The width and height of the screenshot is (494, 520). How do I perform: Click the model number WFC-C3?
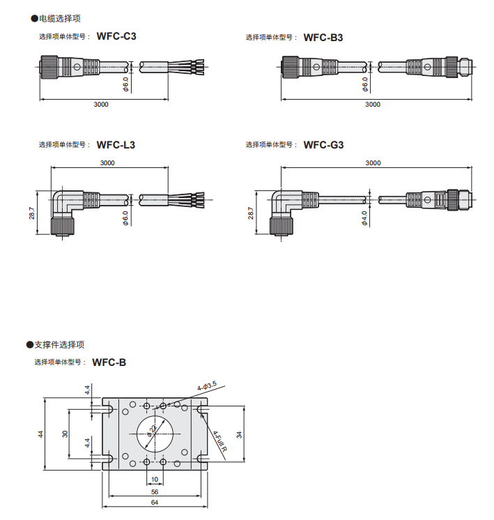(x=116, y=36)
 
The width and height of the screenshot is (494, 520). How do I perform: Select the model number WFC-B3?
(x=323, y=37)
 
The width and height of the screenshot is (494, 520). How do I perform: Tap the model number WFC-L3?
(x=116, y=145)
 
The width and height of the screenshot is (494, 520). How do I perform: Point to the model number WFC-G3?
(x=323, y=145)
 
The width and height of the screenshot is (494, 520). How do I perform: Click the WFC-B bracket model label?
(x=109, y=362)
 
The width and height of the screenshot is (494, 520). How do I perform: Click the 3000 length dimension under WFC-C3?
(x=100, y=105)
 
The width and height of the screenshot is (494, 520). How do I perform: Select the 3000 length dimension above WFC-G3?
(x=373, y=162)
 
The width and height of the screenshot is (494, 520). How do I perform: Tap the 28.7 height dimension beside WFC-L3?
(x=32, y=213)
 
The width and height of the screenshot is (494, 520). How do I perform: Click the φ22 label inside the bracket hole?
(x=151, y=432)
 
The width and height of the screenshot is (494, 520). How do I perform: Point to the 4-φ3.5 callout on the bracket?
(x=207, y=385)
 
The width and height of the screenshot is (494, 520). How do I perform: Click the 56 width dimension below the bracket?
(x=155, y=491)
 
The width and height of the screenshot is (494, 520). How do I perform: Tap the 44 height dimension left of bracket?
(x=40, y=434)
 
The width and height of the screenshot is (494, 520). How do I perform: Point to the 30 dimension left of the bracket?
(x=65, y=434)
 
